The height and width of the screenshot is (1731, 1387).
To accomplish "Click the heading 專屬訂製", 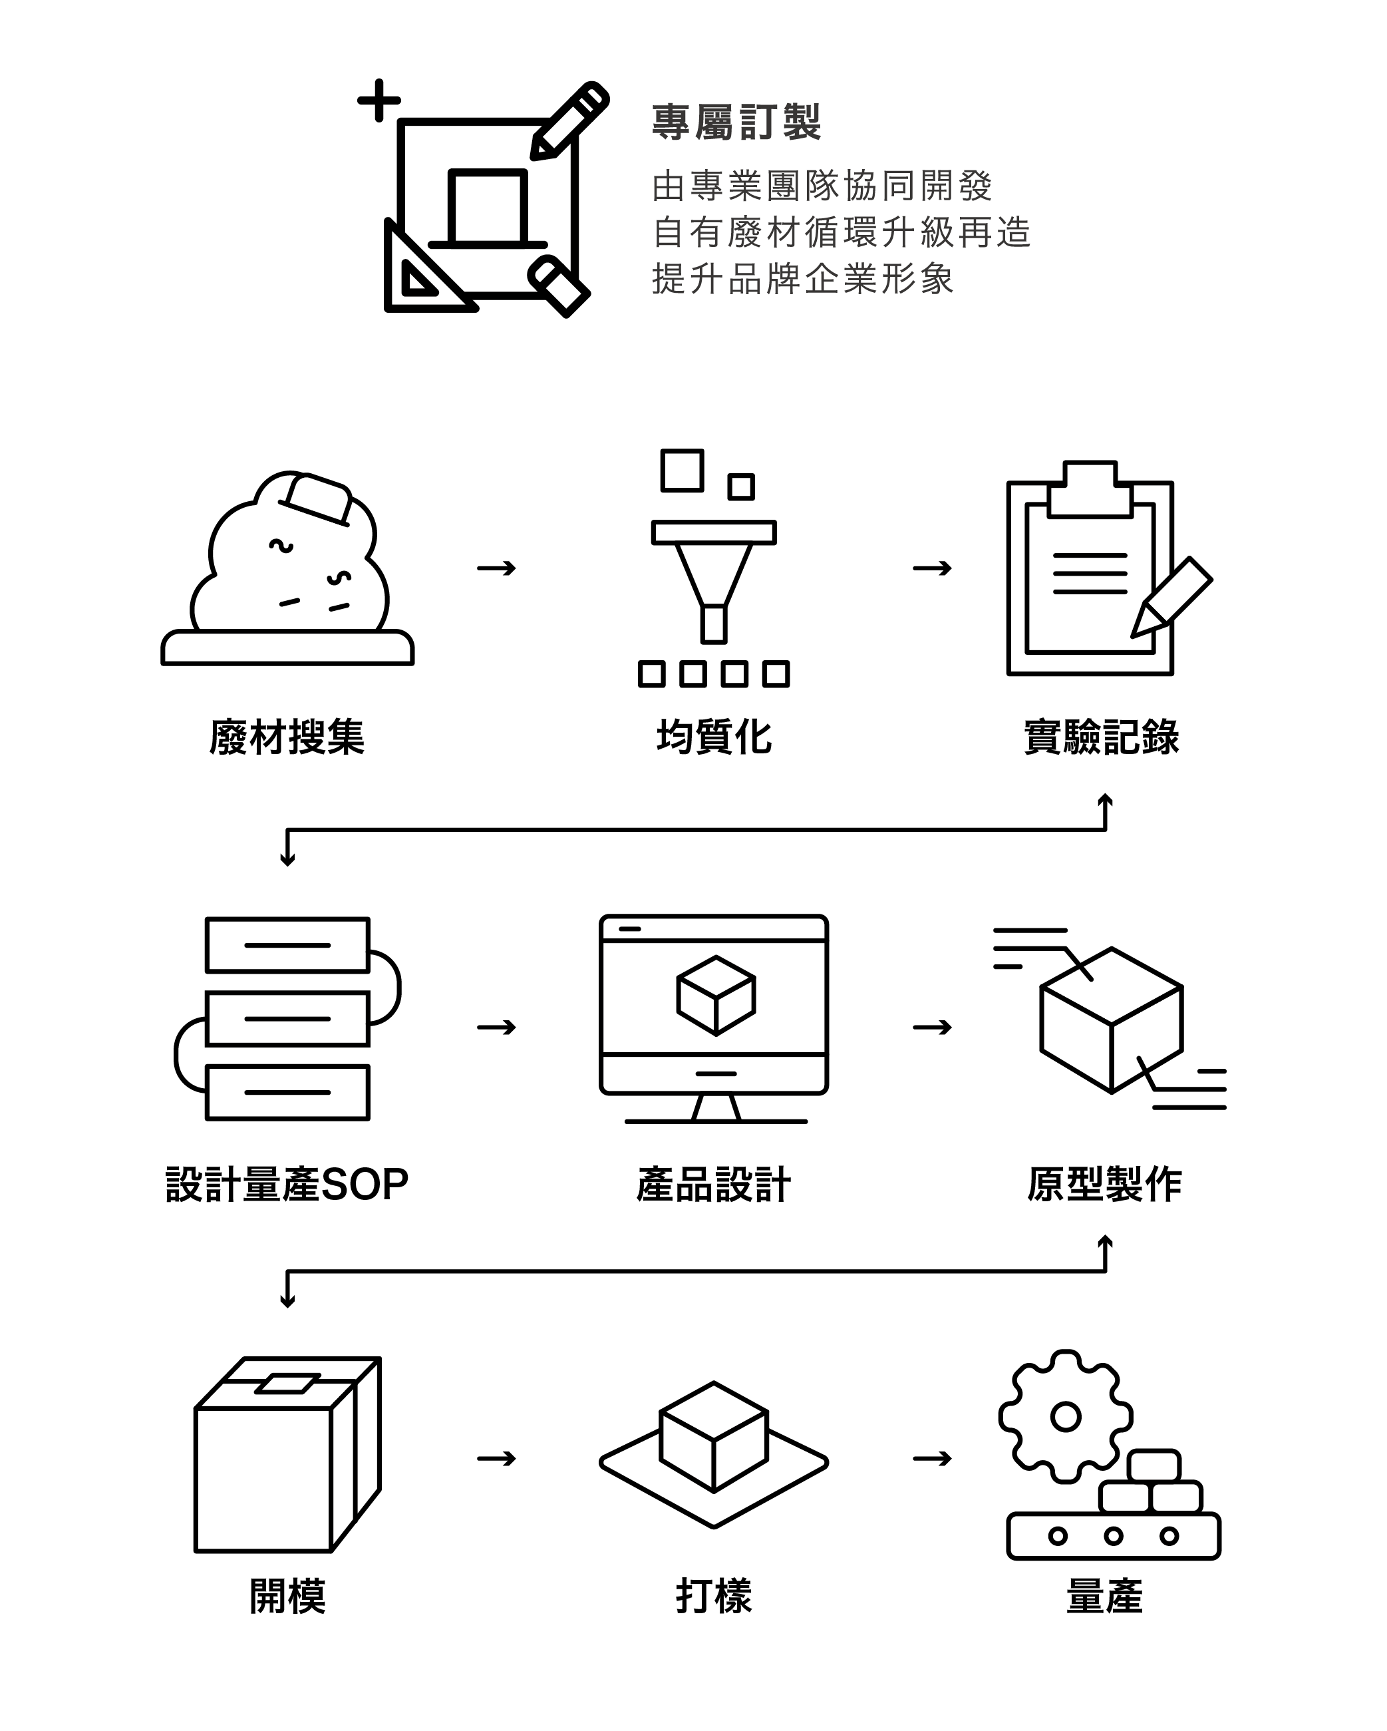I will click(735, 123).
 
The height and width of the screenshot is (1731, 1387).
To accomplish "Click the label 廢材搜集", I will click(287, 737).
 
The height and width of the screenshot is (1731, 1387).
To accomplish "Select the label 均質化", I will click(714, 737).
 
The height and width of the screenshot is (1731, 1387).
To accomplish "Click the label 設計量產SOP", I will click(287, 1184).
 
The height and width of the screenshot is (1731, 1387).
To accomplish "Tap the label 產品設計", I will click(714, 1184).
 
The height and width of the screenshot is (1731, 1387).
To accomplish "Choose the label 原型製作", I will click(1104, 1184).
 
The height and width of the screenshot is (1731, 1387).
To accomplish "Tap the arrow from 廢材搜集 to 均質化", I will click(496, 568).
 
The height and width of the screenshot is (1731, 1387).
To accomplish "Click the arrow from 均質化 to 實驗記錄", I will click(932, 568).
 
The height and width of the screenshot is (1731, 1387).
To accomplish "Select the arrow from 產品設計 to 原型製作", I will click(932, 1027).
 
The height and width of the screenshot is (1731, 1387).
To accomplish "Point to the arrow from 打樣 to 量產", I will click(932, 1458).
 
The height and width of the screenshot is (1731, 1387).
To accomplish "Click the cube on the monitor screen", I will click(715, 996).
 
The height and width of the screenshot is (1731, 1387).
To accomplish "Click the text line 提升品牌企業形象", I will click(803, 279).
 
